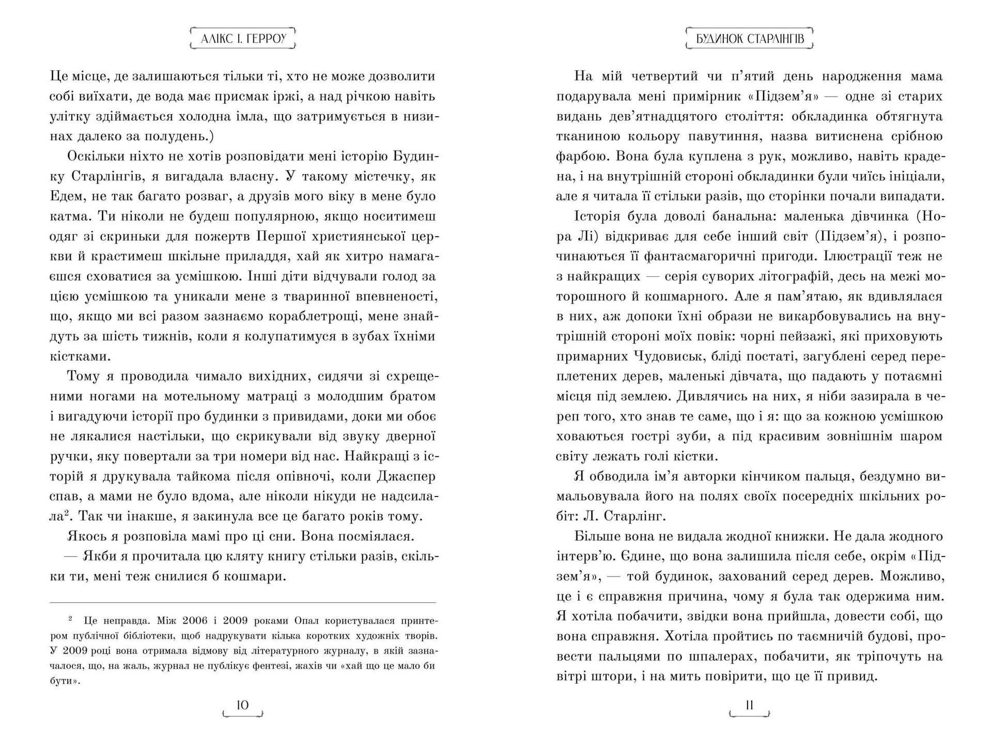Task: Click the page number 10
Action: [242, 705]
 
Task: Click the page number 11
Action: [749, 705]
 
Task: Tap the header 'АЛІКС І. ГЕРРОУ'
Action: [243, 39]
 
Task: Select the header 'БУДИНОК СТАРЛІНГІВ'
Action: [749, 39]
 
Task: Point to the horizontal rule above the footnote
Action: [242, 602]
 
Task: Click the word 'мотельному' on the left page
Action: [199, 396]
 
